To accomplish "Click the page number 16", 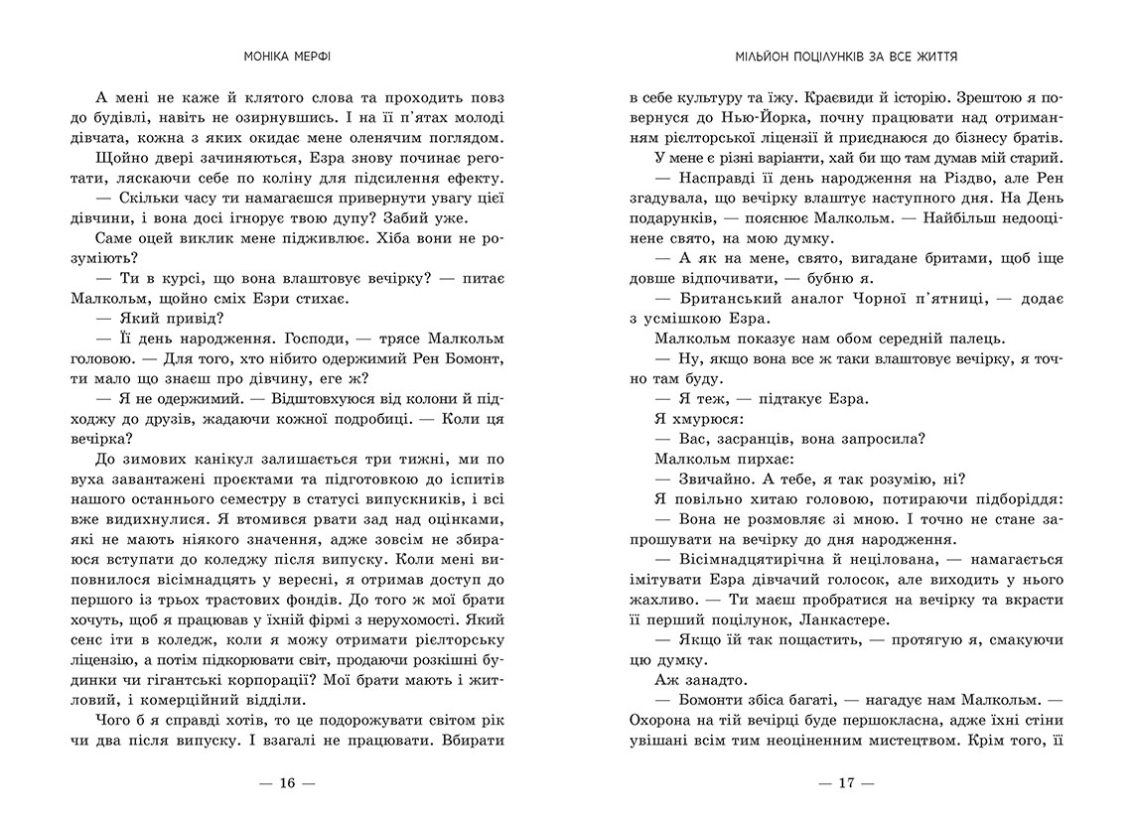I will coord(287,782).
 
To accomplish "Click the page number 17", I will coord(846,782).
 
